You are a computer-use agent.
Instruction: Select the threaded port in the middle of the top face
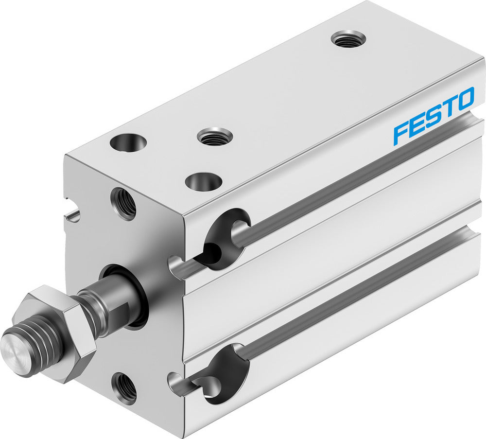click(214, 136)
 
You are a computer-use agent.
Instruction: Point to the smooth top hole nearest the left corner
click(128, 142)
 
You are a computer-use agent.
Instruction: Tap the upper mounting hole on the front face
click(123, 203)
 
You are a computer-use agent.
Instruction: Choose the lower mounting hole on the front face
click(124, 387)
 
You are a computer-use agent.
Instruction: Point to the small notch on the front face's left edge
click(72, 214)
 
